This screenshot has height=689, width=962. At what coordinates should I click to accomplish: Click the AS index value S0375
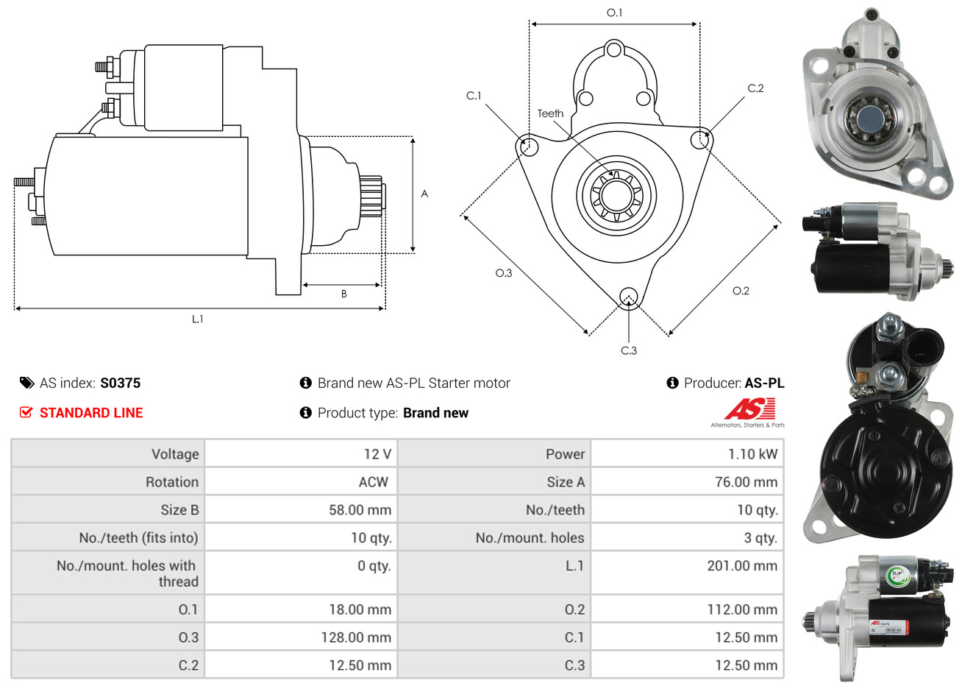tap(120, 383)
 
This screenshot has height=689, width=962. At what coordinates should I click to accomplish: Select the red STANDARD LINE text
tap(91, 413)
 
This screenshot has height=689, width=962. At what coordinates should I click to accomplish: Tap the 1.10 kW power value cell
tap(752, 454)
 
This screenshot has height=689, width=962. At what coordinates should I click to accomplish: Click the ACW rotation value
tap(373, 482)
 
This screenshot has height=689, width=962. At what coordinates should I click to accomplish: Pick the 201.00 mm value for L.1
tap(741, 566)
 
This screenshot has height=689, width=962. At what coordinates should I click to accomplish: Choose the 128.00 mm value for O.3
tap(356, 637)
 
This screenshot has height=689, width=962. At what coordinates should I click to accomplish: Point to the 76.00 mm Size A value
tap(746, 482)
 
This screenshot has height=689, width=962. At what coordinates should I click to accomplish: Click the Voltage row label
tap(175, 454)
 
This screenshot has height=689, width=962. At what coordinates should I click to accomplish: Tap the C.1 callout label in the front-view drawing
tap(474, 96)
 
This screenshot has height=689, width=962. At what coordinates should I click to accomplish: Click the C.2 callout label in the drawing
tap(756, 88)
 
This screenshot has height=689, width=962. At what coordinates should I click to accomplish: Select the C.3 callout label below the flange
tap(629, 350)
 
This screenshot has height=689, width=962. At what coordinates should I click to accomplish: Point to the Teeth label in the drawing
tap(550, 113)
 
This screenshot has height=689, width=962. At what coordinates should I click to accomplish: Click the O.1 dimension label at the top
tap(614, 13)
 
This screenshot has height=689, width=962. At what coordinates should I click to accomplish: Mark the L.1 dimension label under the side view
tap(197, 319)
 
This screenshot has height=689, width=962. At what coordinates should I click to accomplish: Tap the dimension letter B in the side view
tap(343, 294)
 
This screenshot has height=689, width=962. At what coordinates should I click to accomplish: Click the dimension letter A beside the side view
tap(424, 194)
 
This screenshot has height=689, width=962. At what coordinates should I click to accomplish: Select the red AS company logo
tap(749, 409)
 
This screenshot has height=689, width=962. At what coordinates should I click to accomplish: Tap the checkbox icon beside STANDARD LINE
tap(26, 412)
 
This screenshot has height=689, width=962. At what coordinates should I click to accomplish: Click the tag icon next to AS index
tap(26, 383)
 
